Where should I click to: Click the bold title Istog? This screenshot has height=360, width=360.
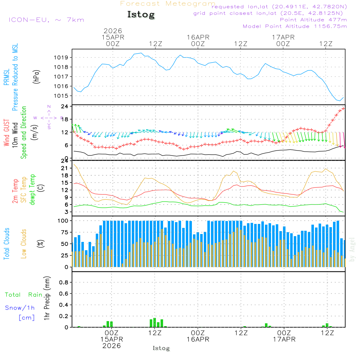(x=141, y=15)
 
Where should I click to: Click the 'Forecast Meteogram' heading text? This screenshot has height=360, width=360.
(x=167, y=4)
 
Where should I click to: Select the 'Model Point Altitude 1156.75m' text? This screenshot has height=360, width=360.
(x=295, y=26)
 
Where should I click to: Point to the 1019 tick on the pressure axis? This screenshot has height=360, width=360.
(x=62, y=58)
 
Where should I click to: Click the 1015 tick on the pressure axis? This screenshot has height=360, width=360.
(x=62, y=96)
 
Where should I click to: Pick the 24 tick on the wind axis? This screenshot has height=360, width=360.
(x=65, y=107)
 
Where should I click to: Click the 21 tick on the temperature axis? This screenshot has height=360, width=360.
(x=65, y=168)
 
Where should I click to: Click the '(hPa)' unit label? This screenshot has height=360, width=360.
(x=36, y=76)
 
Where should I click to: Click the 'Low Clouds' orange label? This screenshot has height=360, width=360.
(x=24, y=243)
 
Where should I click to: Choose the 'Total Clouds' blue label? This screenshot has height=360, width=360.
(x=6, y=244)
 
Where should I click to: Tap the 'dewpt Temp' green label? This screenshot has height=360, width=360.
(x=32, y=190)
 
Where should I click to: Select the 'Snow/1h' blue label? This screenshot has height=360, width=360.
(x=20, y=308)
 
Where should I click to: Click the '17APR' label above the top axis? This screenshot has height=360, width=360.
(x=283, y=37)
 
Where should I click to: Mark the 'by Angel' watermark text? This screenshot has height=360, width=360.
(x=352, y=250)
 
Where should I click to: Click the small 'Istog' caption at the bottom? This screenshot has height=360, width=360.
(x=161, y=348)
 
